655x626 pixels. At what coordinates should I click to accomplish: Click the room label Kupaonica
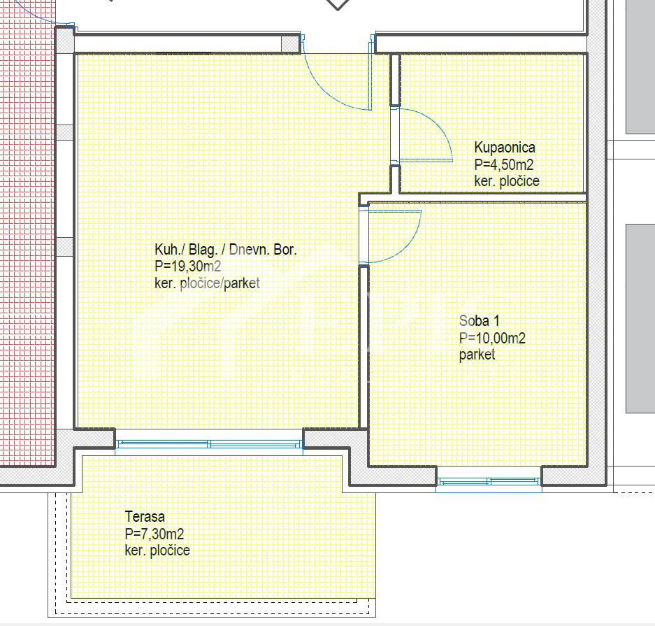505,148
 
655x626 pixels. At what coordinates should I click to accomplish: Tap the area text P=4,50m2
504,165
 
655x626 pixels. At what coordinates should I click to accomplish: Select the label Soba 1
479,322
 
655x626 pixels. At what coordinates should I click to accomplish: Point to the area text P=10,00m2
492,339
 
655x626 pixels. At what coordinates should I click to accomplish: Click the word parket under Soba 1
477,355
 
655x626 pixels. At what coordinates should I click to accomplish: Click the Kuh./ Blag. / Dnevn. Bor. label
225,250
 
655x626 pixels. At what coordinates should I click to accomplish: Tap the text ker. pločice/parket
207,283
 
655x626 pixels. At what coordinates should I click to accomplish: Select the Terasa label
145,518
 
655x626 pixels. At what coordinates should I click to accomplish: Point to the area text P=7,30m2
154,534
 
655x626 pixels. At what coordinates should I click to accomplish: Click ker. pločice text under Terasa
157,550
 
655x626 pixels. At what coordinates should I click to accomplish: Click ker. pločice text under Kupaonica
507,182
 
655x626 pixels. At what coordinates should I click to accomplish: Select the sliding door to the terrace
209,443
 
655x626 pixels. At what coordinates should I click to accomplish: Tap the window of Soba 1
489,481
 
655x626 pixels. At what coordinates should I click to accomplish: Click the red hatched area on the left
27,245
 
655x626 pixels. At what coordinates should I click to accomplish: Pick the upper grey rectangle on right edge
640,66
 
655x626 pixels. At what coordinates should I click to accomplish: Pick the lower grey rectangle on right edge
640,318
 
